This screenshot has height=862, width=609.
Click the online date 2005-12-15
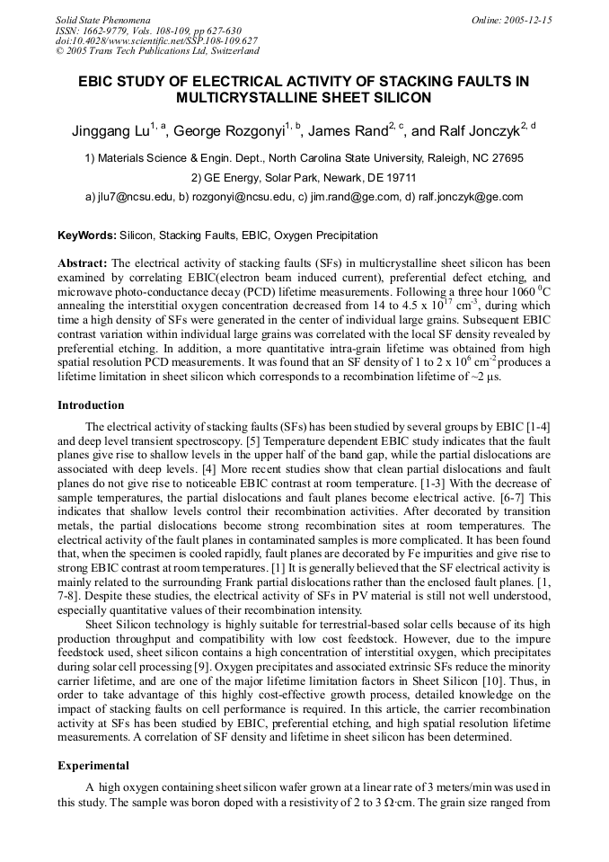[529, 19]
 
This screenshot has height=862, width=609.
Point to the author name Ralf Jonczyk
[481, 131]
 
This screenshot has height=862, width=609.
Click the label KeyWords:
[86, 235]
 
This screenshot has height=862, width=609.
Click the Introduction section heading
[91, 405]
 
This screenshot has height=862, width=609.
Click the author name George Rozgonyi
[228, 131]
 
